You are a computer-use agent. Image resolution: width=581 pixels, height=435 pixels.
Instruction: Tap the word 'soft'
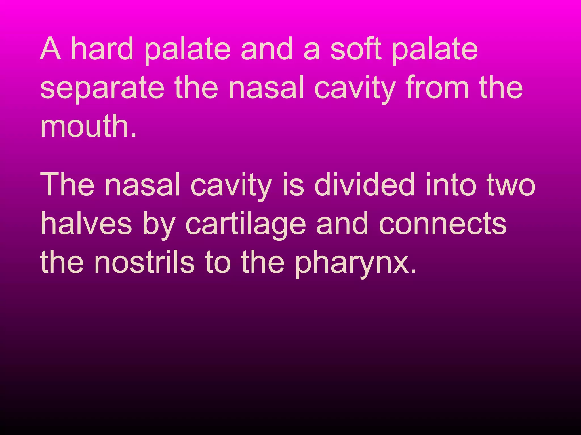[356, 49]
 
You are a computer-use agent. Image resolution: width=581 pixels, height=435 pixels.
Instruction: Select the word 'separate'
[102, 88]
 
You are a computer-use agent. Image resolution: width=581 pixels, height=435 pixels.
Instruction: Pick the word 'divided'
[365, 185]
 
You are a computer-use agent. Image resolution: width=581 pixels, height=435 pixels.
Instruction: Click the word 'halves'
[86, 224]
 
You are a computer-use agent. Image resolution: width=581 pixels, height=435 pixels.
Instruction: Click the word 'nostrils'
[144, 263]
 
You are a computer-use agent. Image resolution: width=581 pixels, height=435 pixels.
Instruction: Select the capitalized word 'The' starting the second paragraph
[67, 185]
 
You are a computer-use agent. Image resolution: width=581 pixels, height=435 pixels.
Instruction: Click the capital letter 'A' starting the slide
[50, 49]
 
